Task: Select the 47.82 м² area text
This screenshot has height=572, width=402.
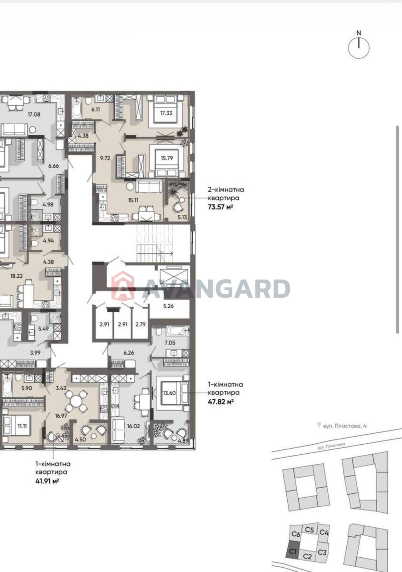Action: pyautogui.click(x=220, y=401)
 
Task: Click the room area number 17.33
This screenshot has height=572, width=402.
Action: pyautogui.click(x=166, y=113)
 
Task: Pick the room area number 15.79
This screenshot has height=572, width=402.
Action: pyautogui.click(x=167, y=158)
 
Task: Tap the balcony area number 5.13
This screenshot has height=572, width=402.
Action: pyautogui.click(x=182, y=217)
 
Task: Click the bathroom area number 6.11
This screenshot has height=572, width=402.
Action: pyautogui.click(x=95, y=109)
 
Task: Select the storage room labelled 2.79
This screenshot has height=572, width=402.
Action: pyautogui.click(x=141, y=324)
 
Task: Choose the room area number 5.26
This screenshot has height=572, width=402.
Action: pyautogui.click(x=168, y=306)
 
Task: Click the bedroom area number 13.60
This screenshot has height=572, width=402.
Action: pyautogui.click(x=169, y=393)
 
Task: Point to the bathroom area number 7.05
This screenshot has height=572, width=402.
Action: pyautogui.click(x=170, y=343)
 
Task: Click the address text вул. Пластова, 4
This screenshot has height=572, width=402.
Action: pyautogui.click(x=344, y=426)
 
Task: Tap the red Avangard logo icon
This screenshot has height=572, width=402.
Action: pyautogui.click(x=123, y=286)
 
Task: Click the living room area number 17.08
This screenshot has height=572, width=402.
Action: pyautogui.click(x=34, y=114)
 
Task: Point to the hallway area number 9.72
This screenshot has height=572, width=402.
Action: pyautogui.click(x=105, y=158)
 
